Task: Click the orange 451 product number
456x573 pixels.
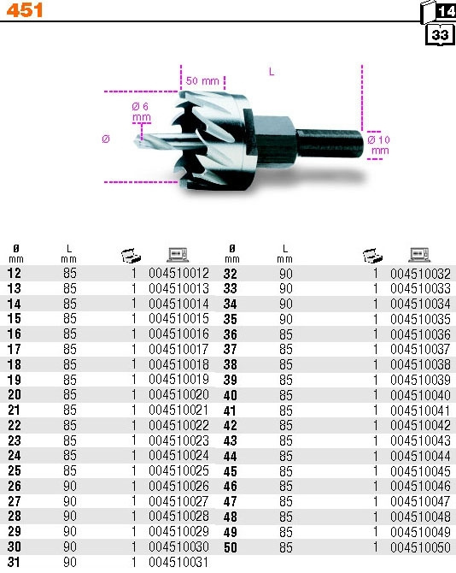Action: click(25, 10)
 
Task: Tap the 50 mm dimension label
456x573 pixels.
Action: click(202, 80)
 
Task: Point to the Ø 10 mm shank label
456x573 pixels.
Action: click(379, 145)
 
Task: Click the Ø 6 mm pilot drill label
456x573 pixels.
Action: click(141, 112)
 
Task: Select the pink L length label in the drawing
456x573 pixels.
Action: click(272, 72)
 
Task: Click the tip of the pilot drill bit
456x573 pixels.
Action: click(135, 139)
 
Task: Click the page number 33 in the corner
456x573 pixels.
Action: click(440, 35)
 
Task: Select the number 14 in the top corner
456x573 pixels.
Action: click(447, 11)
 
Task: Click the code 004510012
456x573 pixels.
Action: click(178, 274)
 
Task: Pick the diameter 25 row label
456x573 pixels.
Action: click(15, 470)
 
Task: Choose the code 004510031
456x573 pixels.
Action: click(178, 562)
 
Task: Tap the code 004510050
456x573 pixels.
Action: click(421, 547)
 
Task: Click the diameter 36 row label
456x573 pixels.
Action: click(231, 334)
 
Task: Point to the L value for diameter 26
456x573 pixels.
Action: click(70, 486)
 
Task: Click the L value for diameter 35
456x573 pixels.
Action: click(286, 319)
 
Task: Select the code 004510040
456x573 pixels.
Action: click(421, 395)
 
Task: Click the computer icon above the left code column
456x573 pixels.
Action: click(178, 255)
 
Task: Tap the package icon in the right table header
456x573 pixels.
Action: click(373, 256)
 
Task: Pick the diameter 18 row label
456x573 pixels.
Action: click(15, 364)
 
